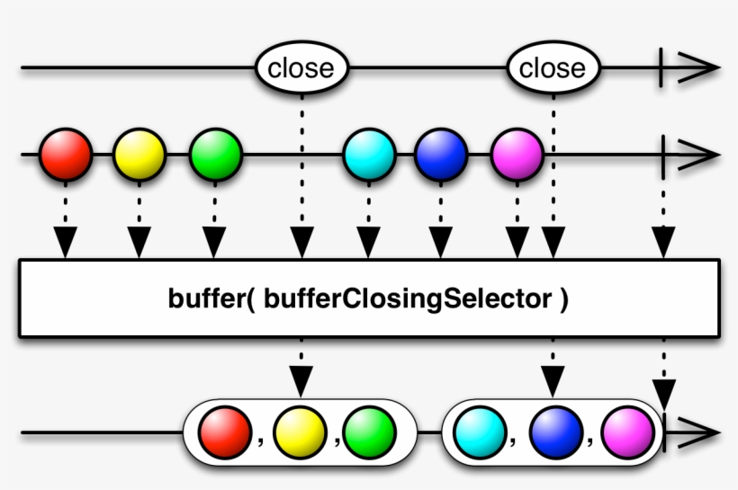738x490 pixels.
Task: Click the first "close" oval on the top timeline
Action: (x=301, y=68)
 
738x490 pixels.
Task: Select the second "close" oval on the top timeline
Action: (x=552, y=68)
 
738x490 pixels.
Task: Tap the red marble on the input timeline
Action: (x=66, y=155)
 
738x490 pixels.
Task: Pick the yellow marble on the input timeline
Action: (x=139, y=155)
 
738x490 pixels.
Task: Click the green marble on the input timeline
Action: (x=215, y=155)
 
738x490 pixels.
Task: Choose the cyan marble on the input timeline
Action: (x=369, y=155)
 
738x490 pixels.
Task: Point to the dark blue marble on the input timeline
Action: (x=441, y=155)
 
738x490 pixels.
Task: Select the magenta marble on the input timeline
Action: (x=517, y=155)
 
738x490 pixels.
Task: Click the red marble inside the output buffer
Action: (x=224, y=432)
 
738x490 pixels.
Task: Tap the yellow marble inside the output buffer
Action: (x=299, y=432)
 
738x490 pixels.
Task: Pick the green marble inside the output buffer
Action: (x=369, y=432)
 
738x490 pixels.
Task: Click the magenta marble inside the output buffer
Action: (x=626, y=432)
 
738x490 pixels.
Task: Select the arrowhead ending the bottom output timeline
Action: (x=698, y=432)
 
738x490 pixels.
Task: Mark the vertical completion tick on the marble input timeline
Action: (x=663, y=155)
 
